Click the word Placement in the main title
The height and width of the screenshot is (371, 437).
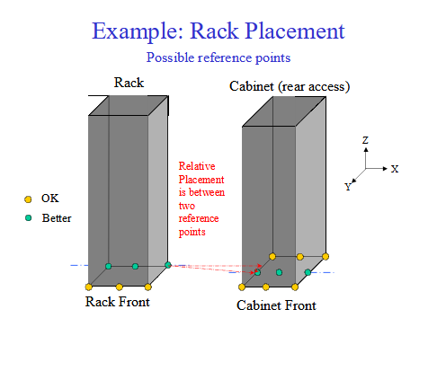pos(295,31)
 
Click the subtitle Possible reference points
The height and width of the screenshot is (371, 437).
pos(218,57)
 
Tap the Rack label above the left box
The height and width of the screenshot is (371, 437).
pos(129,83)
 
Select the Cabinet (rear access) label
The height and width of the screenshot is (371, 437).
pos(290,86)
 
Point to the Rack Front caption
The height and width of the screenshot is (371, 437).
pos(118,302)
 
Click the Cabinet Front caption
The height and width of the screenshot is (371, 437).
pos(276,305)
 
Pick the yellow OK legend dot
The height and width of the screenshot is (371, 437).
pos(28,199)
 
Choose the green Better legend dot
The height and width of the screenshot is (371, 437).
pos(28,218)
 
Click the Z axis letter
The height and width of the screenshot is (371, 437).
pos(365,140)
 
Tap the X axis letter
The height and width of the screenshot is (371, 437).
pos(395,169)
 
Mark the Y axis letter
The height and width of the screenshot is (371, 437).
pos(348,187)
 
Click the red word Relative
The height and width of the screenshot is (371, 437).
pos(197,166)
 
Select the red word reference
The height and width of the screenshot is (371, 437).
pos(199,218)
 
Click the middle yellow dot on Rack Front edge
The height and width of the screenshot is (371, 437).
pos(120,287)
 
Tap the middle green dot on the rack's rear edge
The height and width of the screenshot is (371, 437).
pos(135,266)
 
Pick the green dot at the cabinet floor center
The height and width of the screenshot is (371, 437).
pos(279,272)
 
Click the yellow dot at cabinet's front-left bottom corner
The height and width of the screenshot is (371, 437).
pos(242,287)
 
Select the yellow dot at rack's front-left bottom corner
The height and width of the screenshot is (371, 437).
pos(88,287)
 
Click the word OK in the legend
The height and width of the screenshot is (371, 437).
pos(50,199)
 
